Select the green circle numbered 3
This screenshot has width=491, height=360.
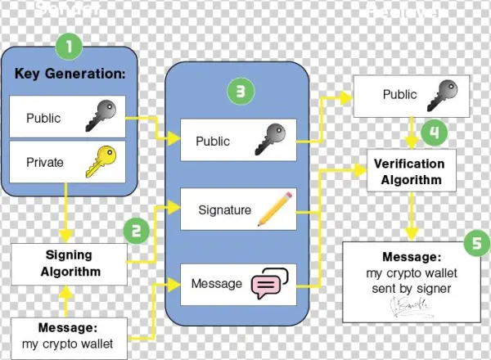(x=238, y=92)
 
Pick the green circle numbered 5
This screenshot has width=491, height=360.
(x=475, y=243)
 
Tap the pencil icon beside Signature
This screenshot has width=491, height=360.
(x=273, y=209)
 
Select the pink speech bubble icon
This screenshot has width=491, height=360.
(x=272, y=282)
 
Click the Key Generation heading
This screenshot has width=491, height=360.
(x=70, y=74)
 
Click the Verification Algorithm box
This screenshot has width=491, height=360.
(x=408, y=171)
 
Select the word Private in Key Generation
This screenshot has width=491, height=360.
(x=44, y=162)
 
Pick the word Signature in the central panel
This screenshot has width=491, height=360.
(x=224, y=209)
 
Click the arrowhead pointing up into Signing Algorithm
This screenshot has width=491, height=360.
(x=69, y=290)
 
